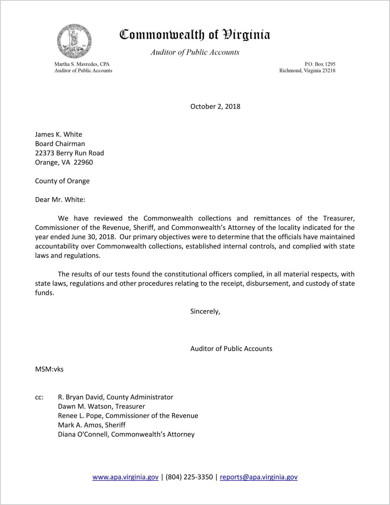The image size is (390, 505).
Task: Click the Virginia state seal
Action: pos(74,41)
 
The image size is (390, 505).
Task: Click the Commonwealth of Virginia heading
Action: pos(195,35)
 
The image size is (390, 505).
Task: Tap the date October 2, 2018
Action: pos(215,106)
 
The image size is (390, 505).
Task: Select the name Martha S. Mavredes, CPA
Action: pos(82,64)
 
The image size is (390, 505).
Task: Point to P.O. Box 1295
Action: pos(320,64)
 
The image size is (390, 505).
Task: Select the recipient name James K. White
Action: pos(58,134)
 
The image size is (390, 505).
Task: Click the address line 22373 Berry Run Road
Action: pos(69,153)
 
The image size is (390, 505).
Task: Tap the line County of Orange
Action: pos(62,181)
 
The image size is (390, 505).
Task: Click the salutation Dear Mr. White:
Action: pos(60,200)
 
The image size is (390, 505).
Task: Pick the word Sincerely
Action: pos(205,311)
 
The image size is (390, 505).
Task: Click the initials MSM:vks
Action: pos(49,369)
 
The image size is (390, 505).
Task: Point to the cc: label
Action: pos(39,397)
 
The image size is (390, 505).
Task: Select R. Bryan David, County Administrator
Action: pos(115,397)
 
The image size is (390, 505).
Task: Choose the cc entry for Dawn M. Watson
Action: pos(101,406)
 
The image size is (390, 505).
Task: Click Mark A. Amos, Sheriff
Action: pos(92,425)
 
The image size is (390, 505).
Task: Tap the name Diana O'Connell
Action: pos(84,434)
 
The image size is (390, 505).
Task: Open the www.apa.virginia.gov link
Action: pos(125,477)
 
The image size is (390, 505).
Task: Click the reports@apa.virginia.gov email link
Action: pos(258,477)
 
